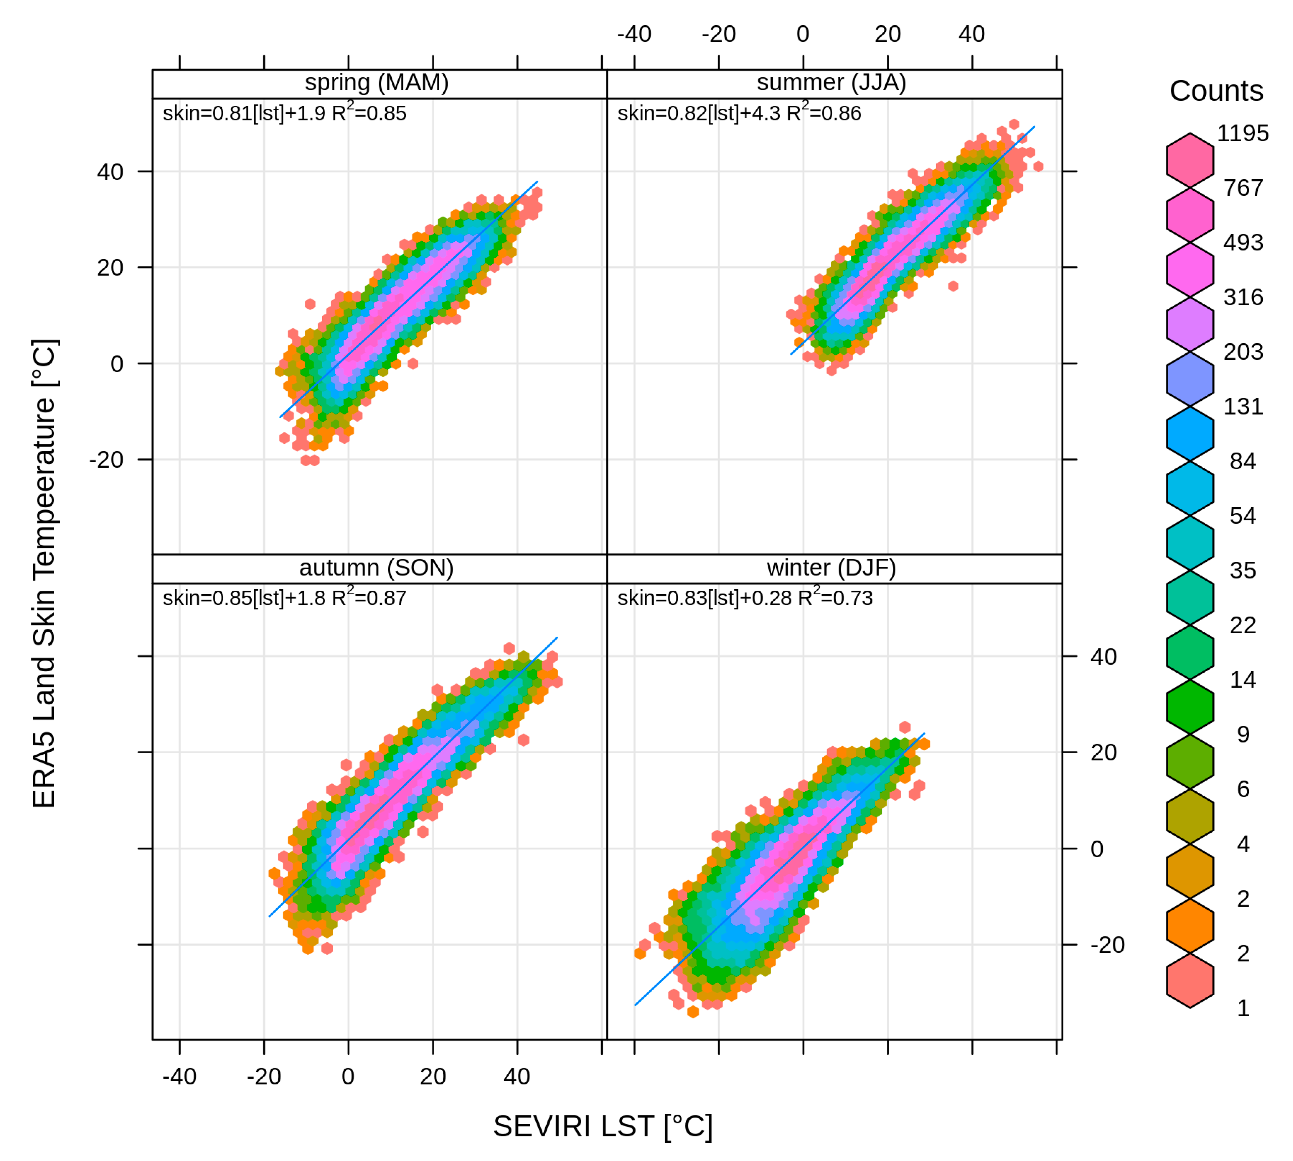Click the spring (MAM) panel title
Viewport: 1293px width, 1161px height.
point(376,82)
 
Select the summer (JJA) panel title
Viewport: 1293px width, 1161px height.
point(831,82)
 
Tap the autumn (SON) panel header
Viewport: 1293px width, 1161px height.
point(376,567)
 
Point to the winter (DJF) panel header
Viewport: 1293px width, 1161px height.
point(831,567)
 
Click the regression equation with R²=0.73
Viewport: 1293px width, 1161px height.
point(745,598)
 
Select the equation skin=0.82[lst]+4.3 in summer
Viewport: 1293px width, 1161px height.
point(739,113)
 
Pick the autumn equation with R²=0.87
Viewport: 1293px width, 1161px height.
point(284,598)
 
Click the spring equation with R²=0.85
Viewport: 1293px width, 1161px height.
point(284,113)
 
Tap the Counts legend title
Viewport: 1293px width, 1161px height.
point(1216,91)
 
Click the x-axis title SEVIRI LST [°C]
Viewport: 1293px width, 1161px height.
point(602,1126)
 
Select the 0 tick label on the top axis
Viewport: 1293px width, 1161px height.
point(803,34)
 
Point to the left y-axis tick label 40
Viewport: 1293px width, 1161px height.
point(110,171)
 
